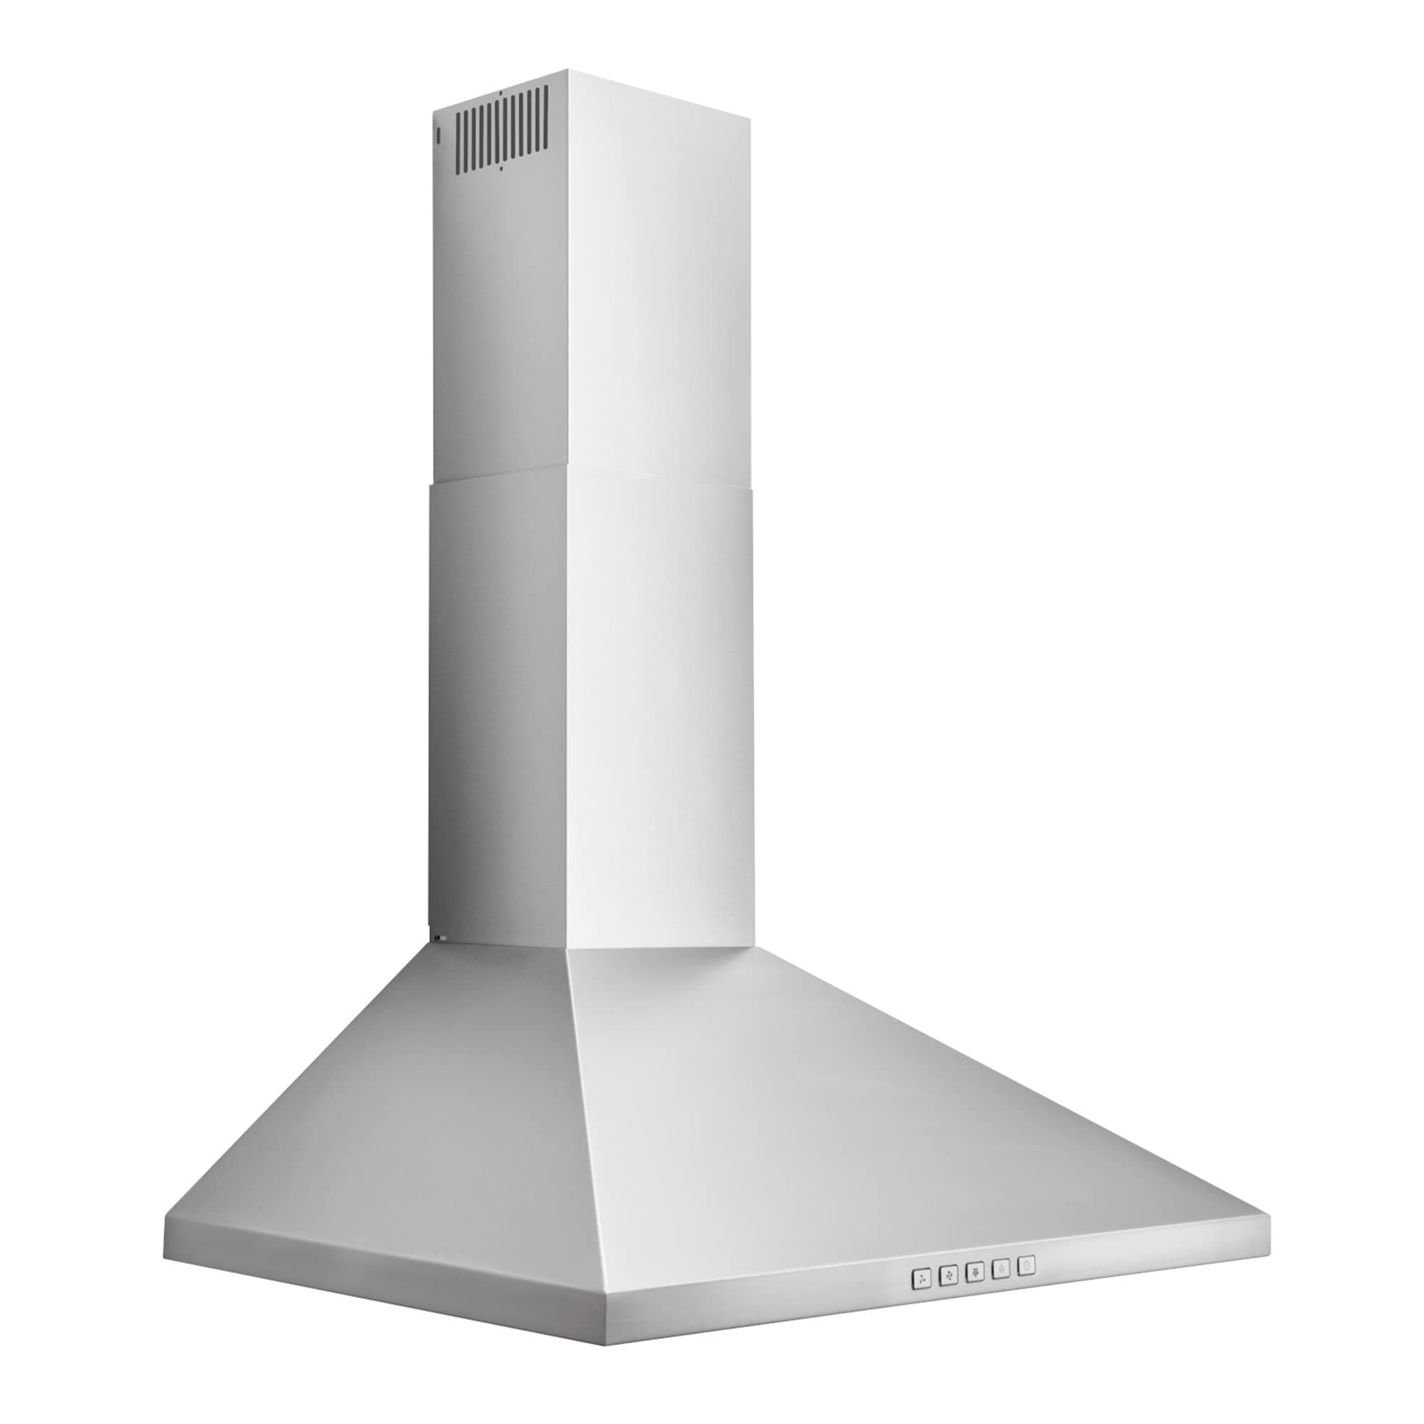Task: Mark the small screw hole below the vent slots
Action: [501, 169]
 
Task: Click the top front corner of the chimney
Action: [568, 71]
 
